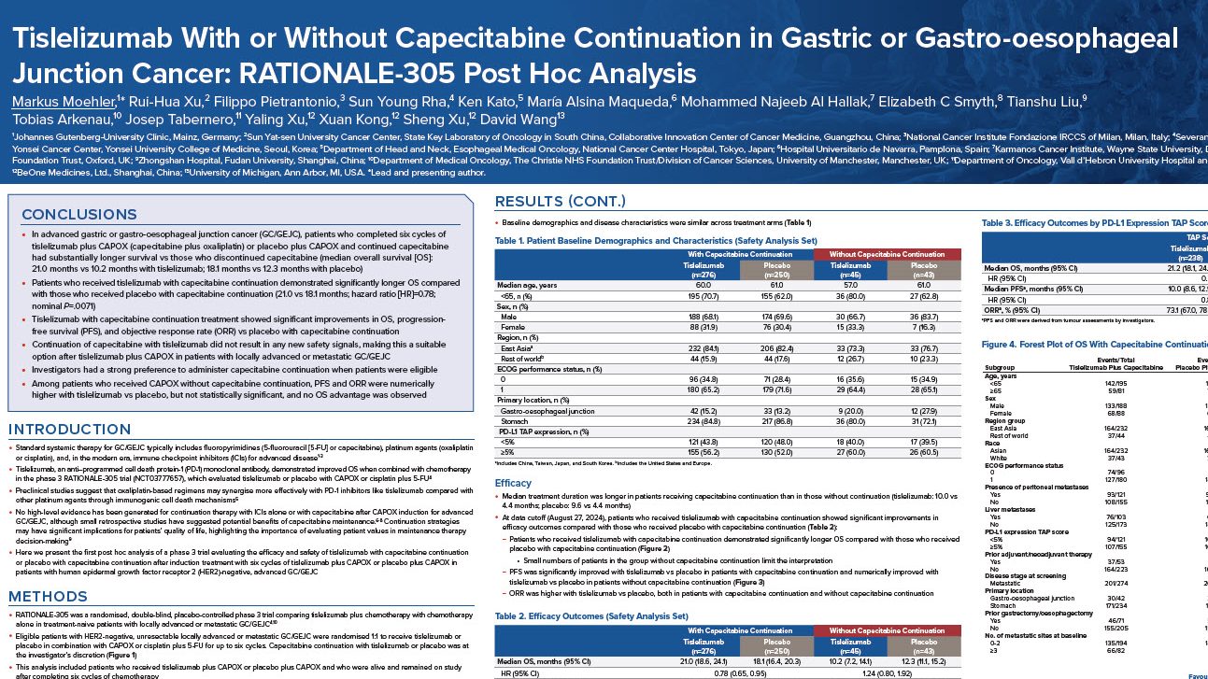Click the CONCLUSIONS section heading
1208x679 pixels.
(79, 214)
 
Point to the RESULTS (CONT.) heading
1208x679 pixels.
(561, 202)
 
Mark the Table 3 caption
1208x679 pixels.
(1093, 223)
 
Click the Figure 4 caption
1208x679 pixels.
(1093, 345)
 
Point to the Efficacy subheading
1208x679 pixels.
(513, 483)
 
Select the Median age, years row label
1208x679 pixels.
(529, 284)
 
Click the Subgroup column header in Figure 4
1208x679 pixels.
(1005, 366)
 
